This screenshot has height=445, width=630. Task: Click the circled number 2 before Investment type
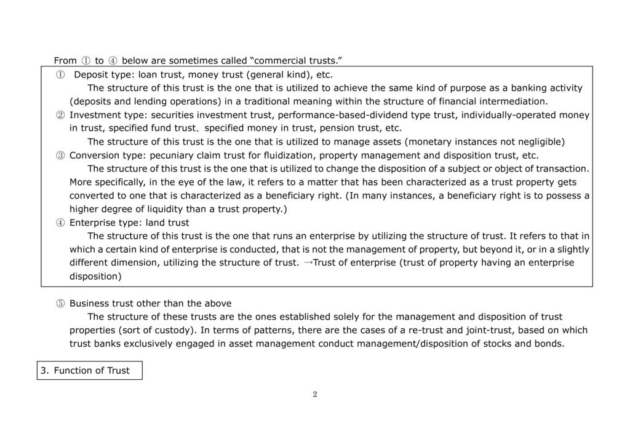click(x=60, y=115)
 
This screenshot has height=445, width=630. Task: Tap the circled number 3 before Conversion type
click(x=60, y=156)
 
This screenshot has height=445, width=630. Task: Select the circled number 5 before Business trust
click(x=60, y=304)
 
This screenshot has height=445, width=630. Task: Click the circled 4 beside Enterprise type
click(x=60, y=223)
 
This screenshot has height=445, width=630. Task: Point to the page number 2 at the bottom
click(x=315, y=395)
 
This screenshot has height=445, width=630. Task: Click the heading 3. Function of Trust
click(x=90, y=371)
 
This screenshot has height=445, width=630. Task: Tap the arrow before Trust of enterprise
click(x=309, y=263)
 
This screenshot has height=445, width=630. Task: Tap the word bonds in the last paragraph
click(x=550, y=344)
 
